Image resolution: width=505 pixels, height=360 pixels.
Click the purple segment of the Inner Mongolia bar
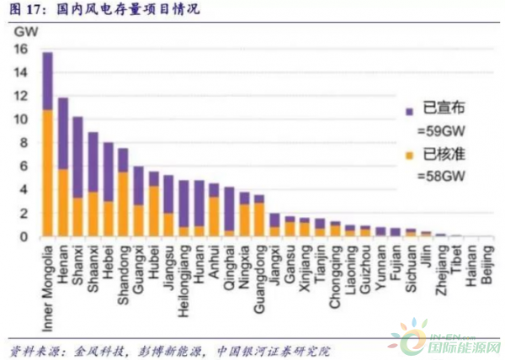48,82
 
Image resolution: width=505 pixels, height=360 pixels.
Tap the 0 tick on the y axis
26,237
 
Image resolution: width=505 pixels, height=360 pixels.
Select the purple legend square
409,110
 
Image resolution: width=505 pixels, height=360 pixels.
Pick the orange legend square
409,155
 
